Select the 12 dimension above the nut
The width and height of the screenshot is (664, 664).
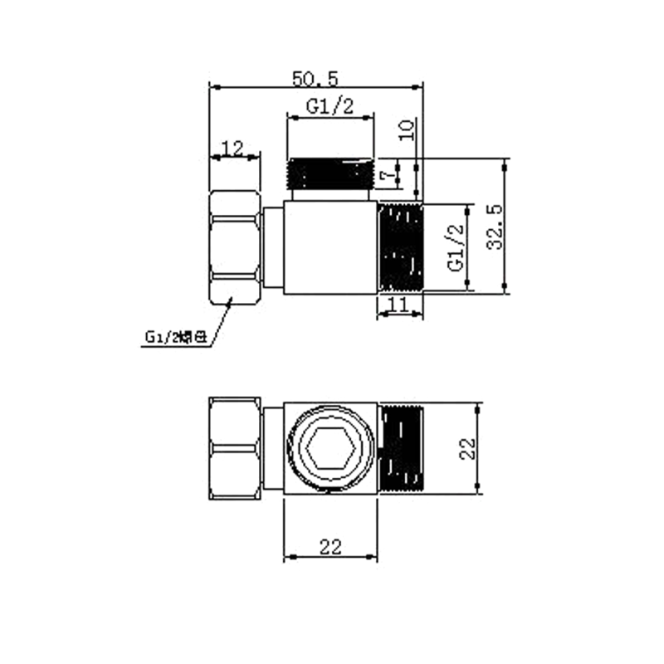click(233, 149)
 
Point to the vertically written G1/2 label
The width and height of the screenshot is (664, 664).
click(454, 248)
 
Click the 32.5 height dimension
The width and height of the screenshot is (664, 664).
click(495, 227)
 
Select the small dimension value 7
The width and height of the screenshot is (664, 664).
click(384, 176)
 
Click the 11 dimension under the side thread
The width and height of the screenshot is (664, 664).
click(399, 305)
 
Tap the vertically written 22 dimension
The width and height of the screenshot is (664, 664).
click(467, 449)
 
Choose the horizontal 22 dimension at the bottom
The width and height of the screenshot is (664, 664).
click(331, 546)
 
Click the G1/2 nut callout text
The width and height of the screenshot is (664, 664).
click(175, 337)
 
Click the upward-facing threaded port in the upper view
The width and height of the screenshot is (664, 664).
click(331, 174)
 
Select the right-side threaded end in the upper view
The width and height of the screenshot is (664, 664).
click(401, 247)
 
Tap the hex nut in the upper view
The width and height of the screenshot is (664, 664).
click(236, 247)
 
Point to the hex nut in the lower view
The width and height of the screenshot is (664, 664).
click(236, 449)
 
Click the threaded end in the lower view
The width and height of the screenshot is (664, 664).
click(403, 449)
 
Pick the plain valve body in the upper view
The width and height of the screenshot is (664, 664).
click(331, 247)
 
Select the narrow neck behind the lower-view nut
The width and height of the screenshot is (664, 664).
click(273, 449)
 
